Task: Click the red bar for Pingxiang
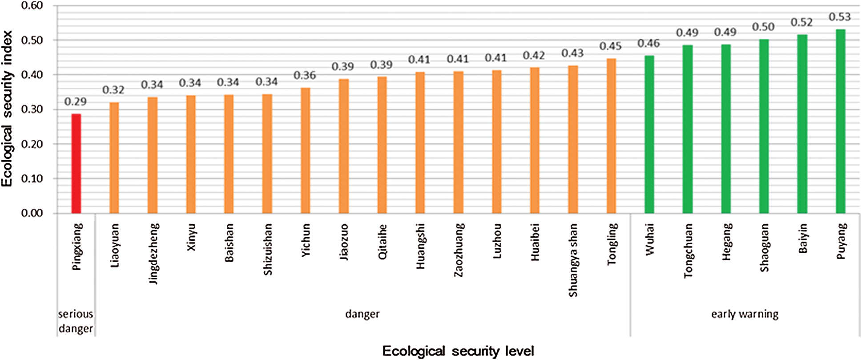(76, 164)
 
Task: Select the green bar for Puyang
(840, 121)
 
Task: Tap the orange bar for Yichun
(305, 151)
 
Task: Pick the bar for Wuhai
(649, 134)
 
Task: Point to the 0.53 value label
(840, 17)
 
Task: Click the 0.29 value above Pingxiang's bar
(75, 102)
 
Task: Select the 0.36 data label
(305, 76)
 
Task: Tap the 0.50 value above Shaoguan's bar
(763, 27)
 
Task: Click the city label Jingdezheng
(154, 254)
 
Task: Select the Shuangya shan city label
(573, 260)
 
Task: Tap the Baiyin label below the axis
(802, 239)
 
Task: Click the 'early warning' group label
(745, 314)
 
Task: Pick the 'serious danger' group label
(76, 321)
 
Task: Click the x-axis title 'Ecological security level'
(458, 351)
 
